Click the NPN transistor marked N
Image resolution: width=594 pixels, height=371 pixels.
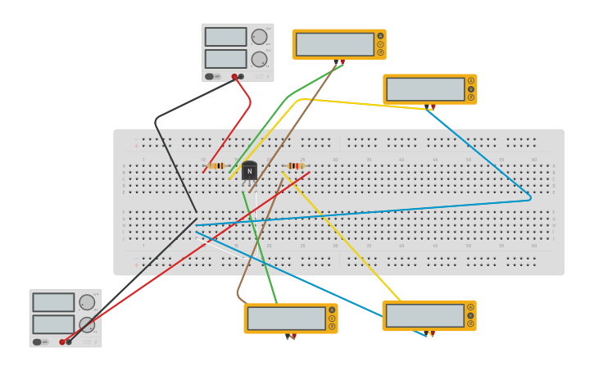[x=249, y=171]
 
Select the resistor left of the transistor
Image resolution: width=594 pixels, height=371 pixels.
[x=216, y=165]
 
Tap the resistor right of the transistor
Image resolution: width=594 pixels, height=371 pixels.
[x=295, y=165]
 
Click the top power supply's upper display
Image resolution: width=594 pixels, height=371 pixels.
[x=225, y=37]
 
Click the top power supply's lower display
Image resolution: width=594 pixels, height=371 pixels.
[x=225, y=59]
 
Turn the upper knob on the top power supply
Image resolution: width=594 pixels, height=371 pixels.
[x=259, y=37]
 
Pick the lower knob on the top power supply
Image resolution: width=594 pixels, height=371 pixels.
[x=259, y=59]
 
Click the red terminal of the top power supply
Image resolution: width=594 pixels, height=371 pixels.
[x=234, y=77]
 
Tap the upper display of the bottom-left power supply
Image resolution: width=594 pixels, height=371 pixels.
[x=53, y=302]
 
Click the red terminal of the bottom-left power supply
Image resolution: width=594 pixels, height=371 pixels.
[x=62, y=342]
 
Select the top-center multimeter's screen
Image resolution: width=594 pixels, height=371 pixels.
[x=334, y=44]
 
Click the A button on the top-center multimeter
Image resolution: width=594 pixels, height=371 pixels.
[x=380, y=36]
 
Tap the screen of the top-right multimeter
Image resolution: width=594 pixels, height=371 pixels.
[x=425, y=89]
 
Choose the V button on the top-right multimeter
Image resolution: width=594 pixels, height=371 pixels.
[x=471, y=89]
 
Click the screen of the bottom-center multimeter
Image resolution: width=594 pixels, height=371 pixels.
[x=286, y=318]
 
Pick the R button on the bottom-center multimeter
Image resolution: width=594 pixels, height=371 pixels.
[x=332, y=326]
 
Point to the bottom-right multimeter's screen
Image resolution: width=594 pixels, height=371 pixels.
[x=424, y=315]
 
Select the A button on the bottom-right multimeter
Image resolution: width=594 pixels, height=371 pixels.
[x=470, y=307]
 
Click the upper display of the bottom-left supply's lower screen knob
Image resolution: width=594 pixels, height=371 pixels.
[x=86, y=324]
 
